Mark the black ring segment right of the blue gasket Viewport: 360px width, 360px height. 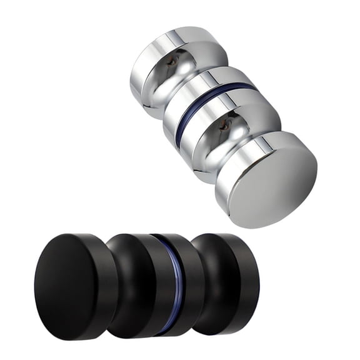[191, 284]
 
